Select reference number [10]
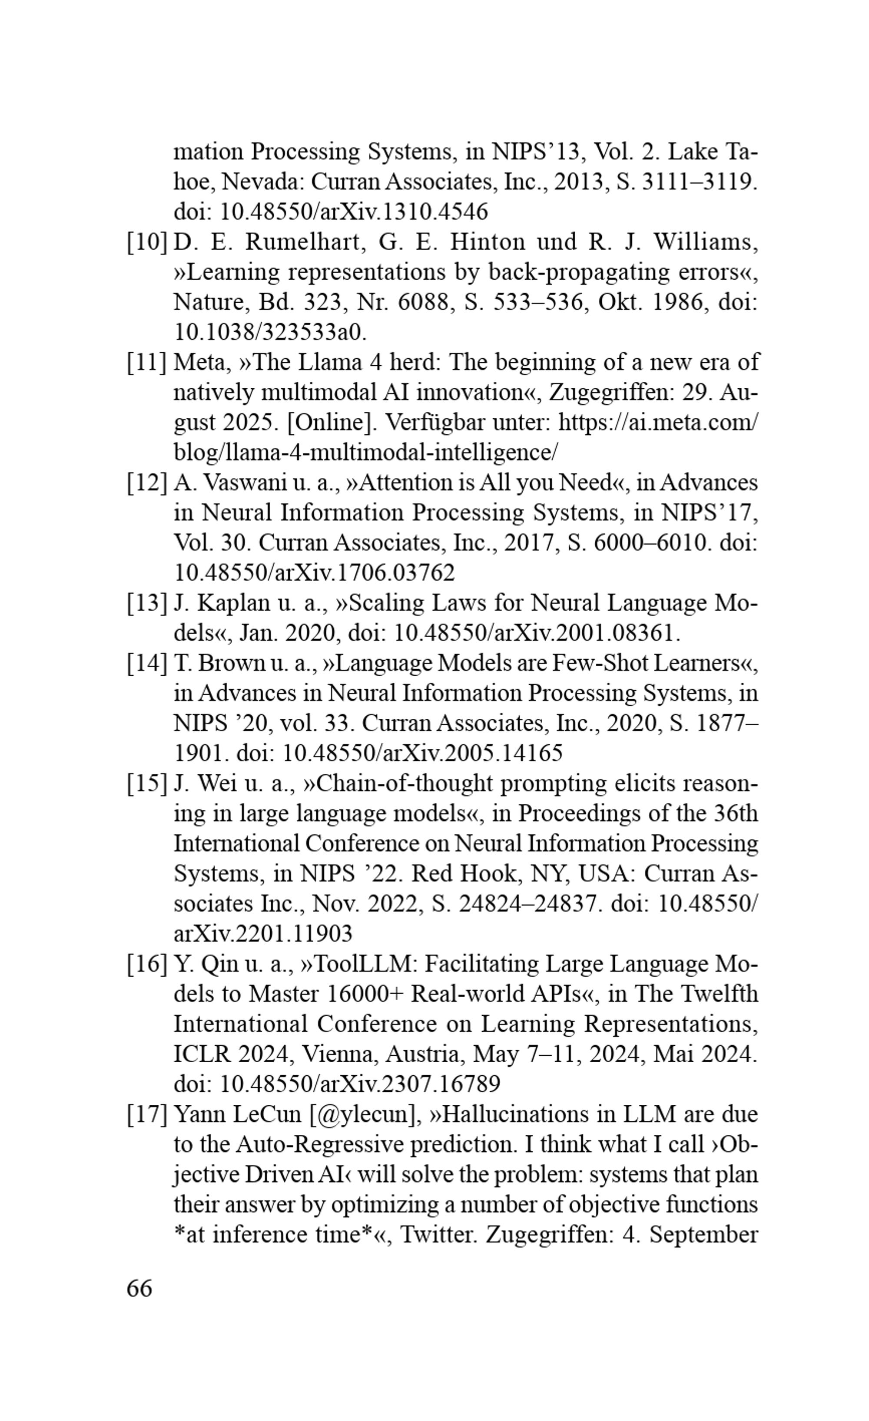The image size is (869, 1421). point(146,241)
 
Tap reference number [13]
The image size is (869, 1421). point(146,603)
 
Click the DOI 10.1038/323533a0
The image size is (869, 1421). point(270,332)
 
